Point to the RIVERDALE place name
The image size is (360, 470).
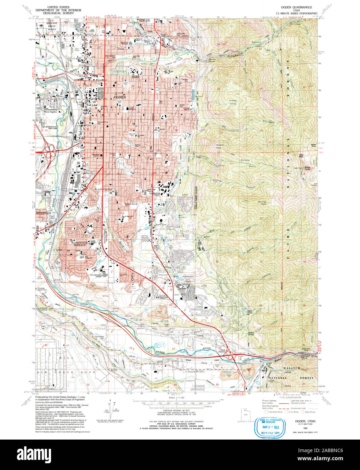coord(44,213)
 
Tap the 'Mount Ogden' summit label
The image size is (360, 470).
coord(307,168)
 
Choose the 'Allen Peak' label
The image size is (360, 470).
coord(301,156)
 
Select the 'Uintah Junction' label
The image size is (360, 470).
coord(222,351)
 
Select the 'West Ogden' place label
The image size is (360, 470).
coord(50,112)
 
